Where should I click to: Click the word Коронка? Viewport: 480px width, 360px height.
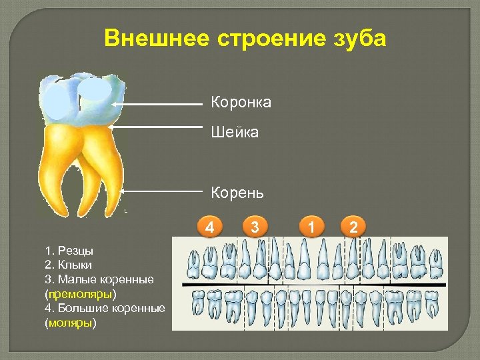(x=241, y=102)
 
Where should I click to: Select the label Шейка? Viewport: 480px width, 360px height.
(x=235, y=133)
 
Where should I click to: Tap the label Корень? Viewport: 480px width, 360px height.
(x=237, y=193)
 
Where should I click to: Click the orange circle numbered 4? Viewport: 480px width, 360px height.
(x=210, y=227)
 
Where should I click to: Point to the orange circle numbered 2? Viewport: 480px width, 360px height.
(x=353, y=227)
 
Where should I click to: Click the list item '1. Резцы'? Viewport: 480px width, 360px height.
(x=69, y=251)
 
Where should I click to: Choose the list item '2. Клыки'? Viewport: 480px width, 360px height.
(x=69, y=265)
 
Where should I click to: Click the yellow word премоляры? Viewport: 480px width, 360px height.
(x=81, y=293)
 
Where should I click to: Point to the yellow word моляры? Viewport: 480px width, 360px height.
(x=71, y=323)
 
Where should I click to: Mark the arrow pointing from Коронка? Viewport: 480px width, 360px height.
(x=160, y=104)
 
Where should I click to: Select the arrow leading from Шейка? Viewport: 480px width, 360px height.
(x=157, y=126)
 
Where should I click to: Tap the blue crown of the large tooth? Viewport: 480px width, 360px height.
(x=77, y=100)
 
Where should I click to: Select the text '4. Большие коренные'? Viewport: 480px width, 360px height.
(x=105, y=309)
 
